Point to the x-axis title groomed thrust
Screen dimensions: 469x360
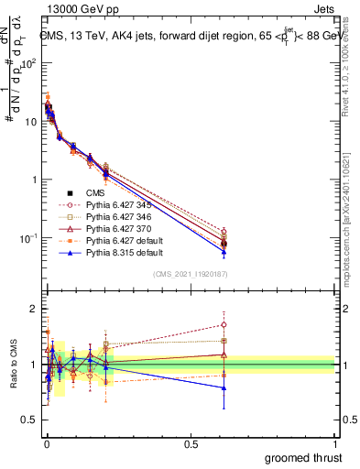(304, 457)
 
